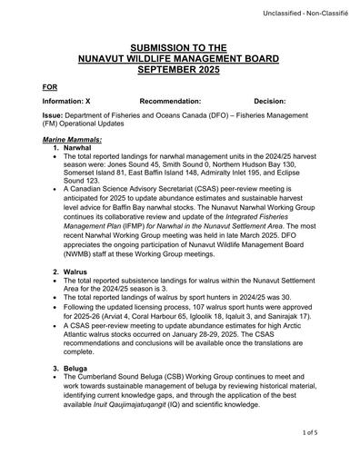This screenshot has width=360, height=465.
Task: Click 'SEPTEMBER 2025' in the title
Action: [x=179, y=68]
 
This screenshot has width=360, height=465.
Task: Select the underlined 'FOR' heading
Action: [x=50, y=86]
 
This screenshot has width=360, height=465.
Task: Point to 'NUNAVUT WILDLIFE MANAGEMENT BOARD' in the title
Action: [x=179, y=57]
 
